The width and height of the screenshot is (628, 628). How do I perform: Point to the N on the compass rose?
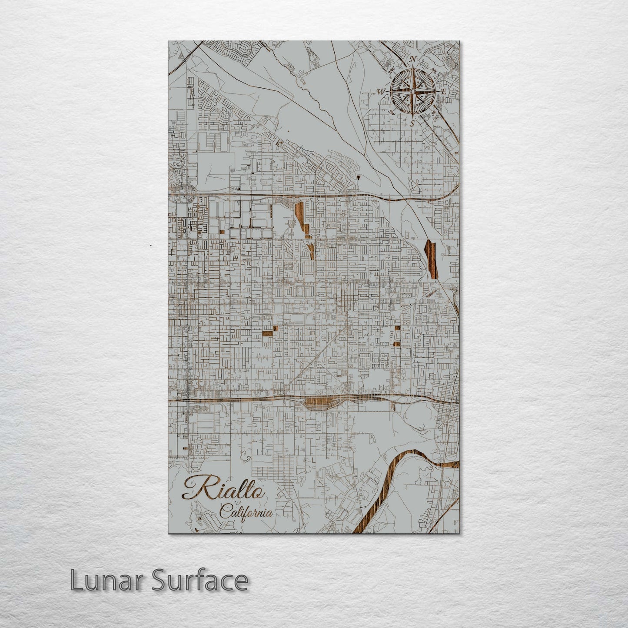[x=414, y=60]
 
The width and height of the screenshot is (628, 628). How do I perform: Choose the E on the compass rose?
[x=444, y=92]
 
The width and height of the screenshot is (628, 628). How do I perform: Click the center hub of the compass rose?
[x=412, y=91]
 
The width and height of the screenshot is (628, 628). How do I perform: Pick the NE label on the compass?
[x=434, y=70]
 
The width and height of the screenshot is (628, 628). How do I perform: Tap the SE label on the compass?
[x=433, y=113]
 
